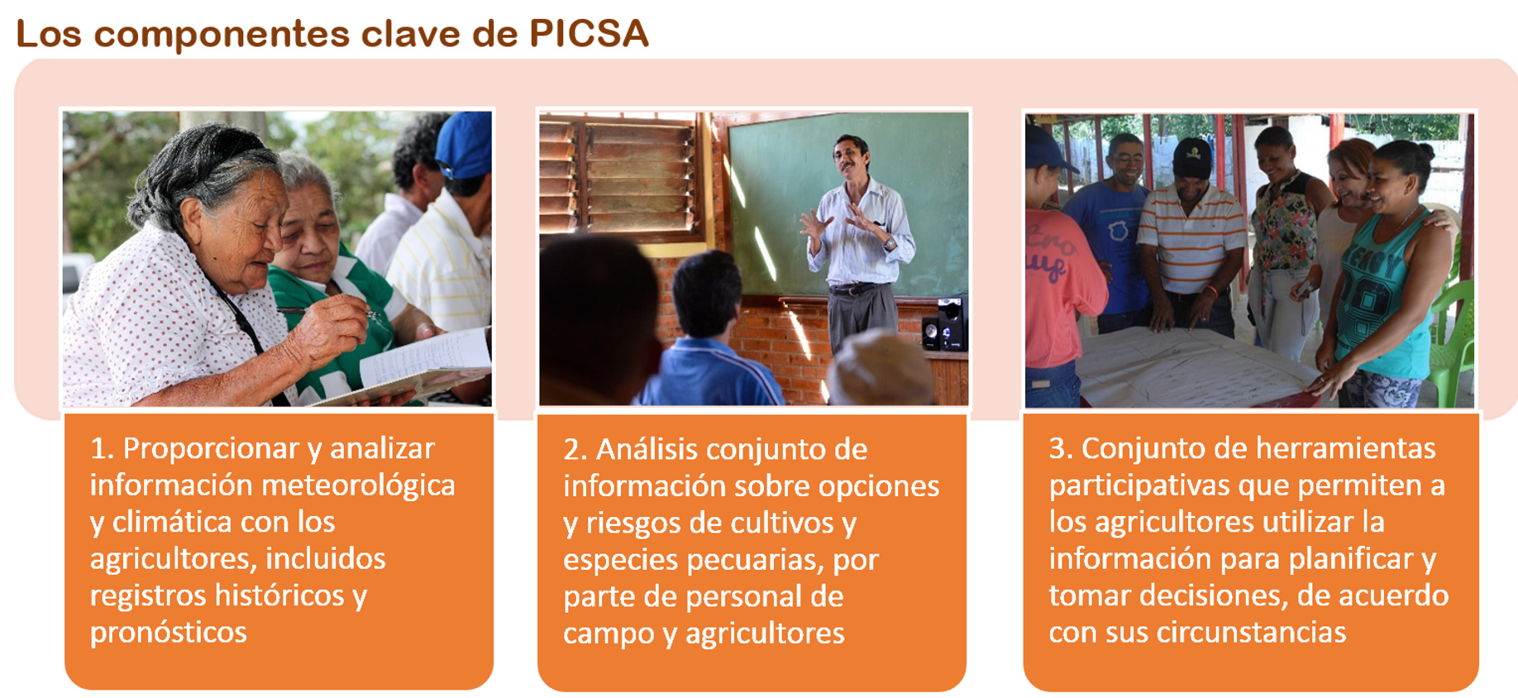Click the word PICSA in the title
coord(589,33)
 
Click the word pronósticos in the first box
coord(169,633)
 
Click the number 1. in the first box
coord(102,448)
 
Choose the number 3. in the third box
coord(1061,448)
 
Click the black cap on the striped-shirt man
coord(1191,158)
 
